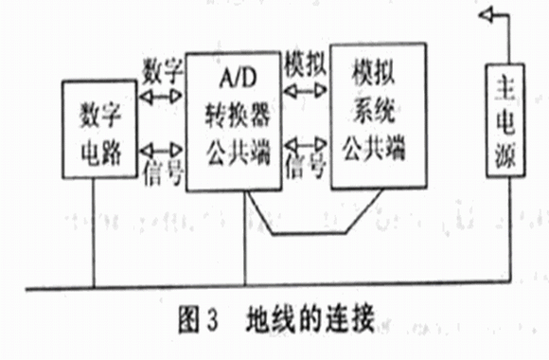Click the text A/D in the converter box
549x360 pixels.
[238, 78]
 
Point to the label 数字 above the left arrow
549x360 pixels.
[162, 71]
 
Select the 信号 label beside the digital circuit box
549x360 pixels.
[164, 172]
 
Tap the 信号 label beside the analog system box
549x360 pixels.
[306, 167]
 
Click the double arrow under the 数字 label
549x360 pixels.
[161, 96]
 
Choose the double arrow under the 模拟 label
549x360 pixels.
[305, 91]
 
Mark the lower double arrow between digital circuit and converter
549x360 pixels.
[161, 151]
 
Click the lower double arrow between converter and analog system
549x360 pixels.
[306, 144]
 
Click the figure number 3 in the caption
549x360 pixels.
[212, 319]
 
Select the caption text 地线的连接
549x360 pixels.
[310, 318]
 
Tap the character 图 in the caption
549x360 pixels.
[189, 318]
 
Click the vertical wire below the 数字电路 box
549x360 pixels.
[94, 233]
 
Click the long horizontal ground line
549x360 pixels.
[268, 285]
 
